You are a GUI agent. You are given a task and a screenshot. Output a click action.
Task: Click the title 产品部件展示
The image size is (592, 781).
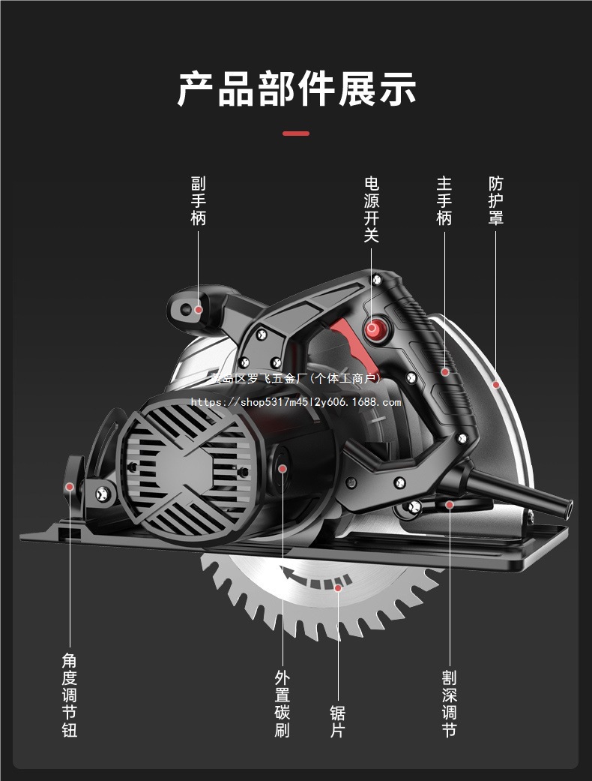point(296,89)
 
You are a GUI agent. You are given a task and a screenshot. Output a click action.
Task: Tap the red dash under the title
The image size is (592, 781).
point(296,134)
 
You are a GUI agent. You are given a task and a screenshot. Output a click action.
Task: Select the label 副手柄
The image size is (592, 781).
point(198,200)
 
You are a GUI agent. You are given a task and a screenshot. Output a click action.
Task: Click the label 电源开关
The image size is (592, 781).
point(372,209)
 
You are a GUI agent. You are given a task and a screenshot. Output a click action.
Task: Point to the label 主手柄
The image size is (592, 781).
point(444,200)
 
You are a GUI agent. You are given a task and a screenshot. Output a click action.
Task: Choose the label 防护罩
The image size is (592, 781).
point(495,200)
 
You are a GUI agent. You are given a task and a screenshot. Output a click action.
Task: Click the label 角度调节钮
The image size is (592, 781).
point(70,695)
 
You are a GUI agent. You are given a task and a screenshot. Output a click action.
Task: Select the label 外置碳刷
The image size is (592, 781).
point(283,704)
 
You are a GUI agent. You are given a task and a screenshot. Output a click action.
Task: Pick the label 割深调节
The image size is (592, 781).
point(449,704)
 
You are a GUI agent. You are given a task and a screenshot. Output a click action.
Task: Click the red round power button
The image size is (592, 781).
point(372,328)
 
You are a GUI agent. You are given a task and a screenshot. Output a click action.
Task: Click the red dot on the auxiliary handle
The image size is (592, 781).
point(199,308)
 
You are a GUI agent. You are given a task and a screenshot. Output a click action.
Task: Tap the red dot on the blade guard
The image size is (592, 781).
point(495,384)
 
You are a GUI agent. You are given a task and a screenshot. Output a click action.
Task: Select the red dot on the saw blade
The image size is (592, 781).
point(338,588)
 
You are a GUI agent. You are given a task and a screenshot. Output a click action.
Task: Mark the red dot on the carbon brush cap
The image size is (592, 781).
point(283,468)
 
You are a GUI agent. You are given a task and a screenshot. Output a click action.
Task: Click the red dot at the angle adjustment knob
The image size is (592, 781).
point(70,486)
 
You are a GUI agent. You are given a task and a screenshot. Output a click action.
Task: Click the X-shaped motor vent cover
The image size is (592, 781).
point(187,466)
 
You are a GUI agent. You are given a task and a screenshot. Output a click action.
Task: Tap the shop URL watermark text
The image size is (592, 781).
point(296,402)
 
